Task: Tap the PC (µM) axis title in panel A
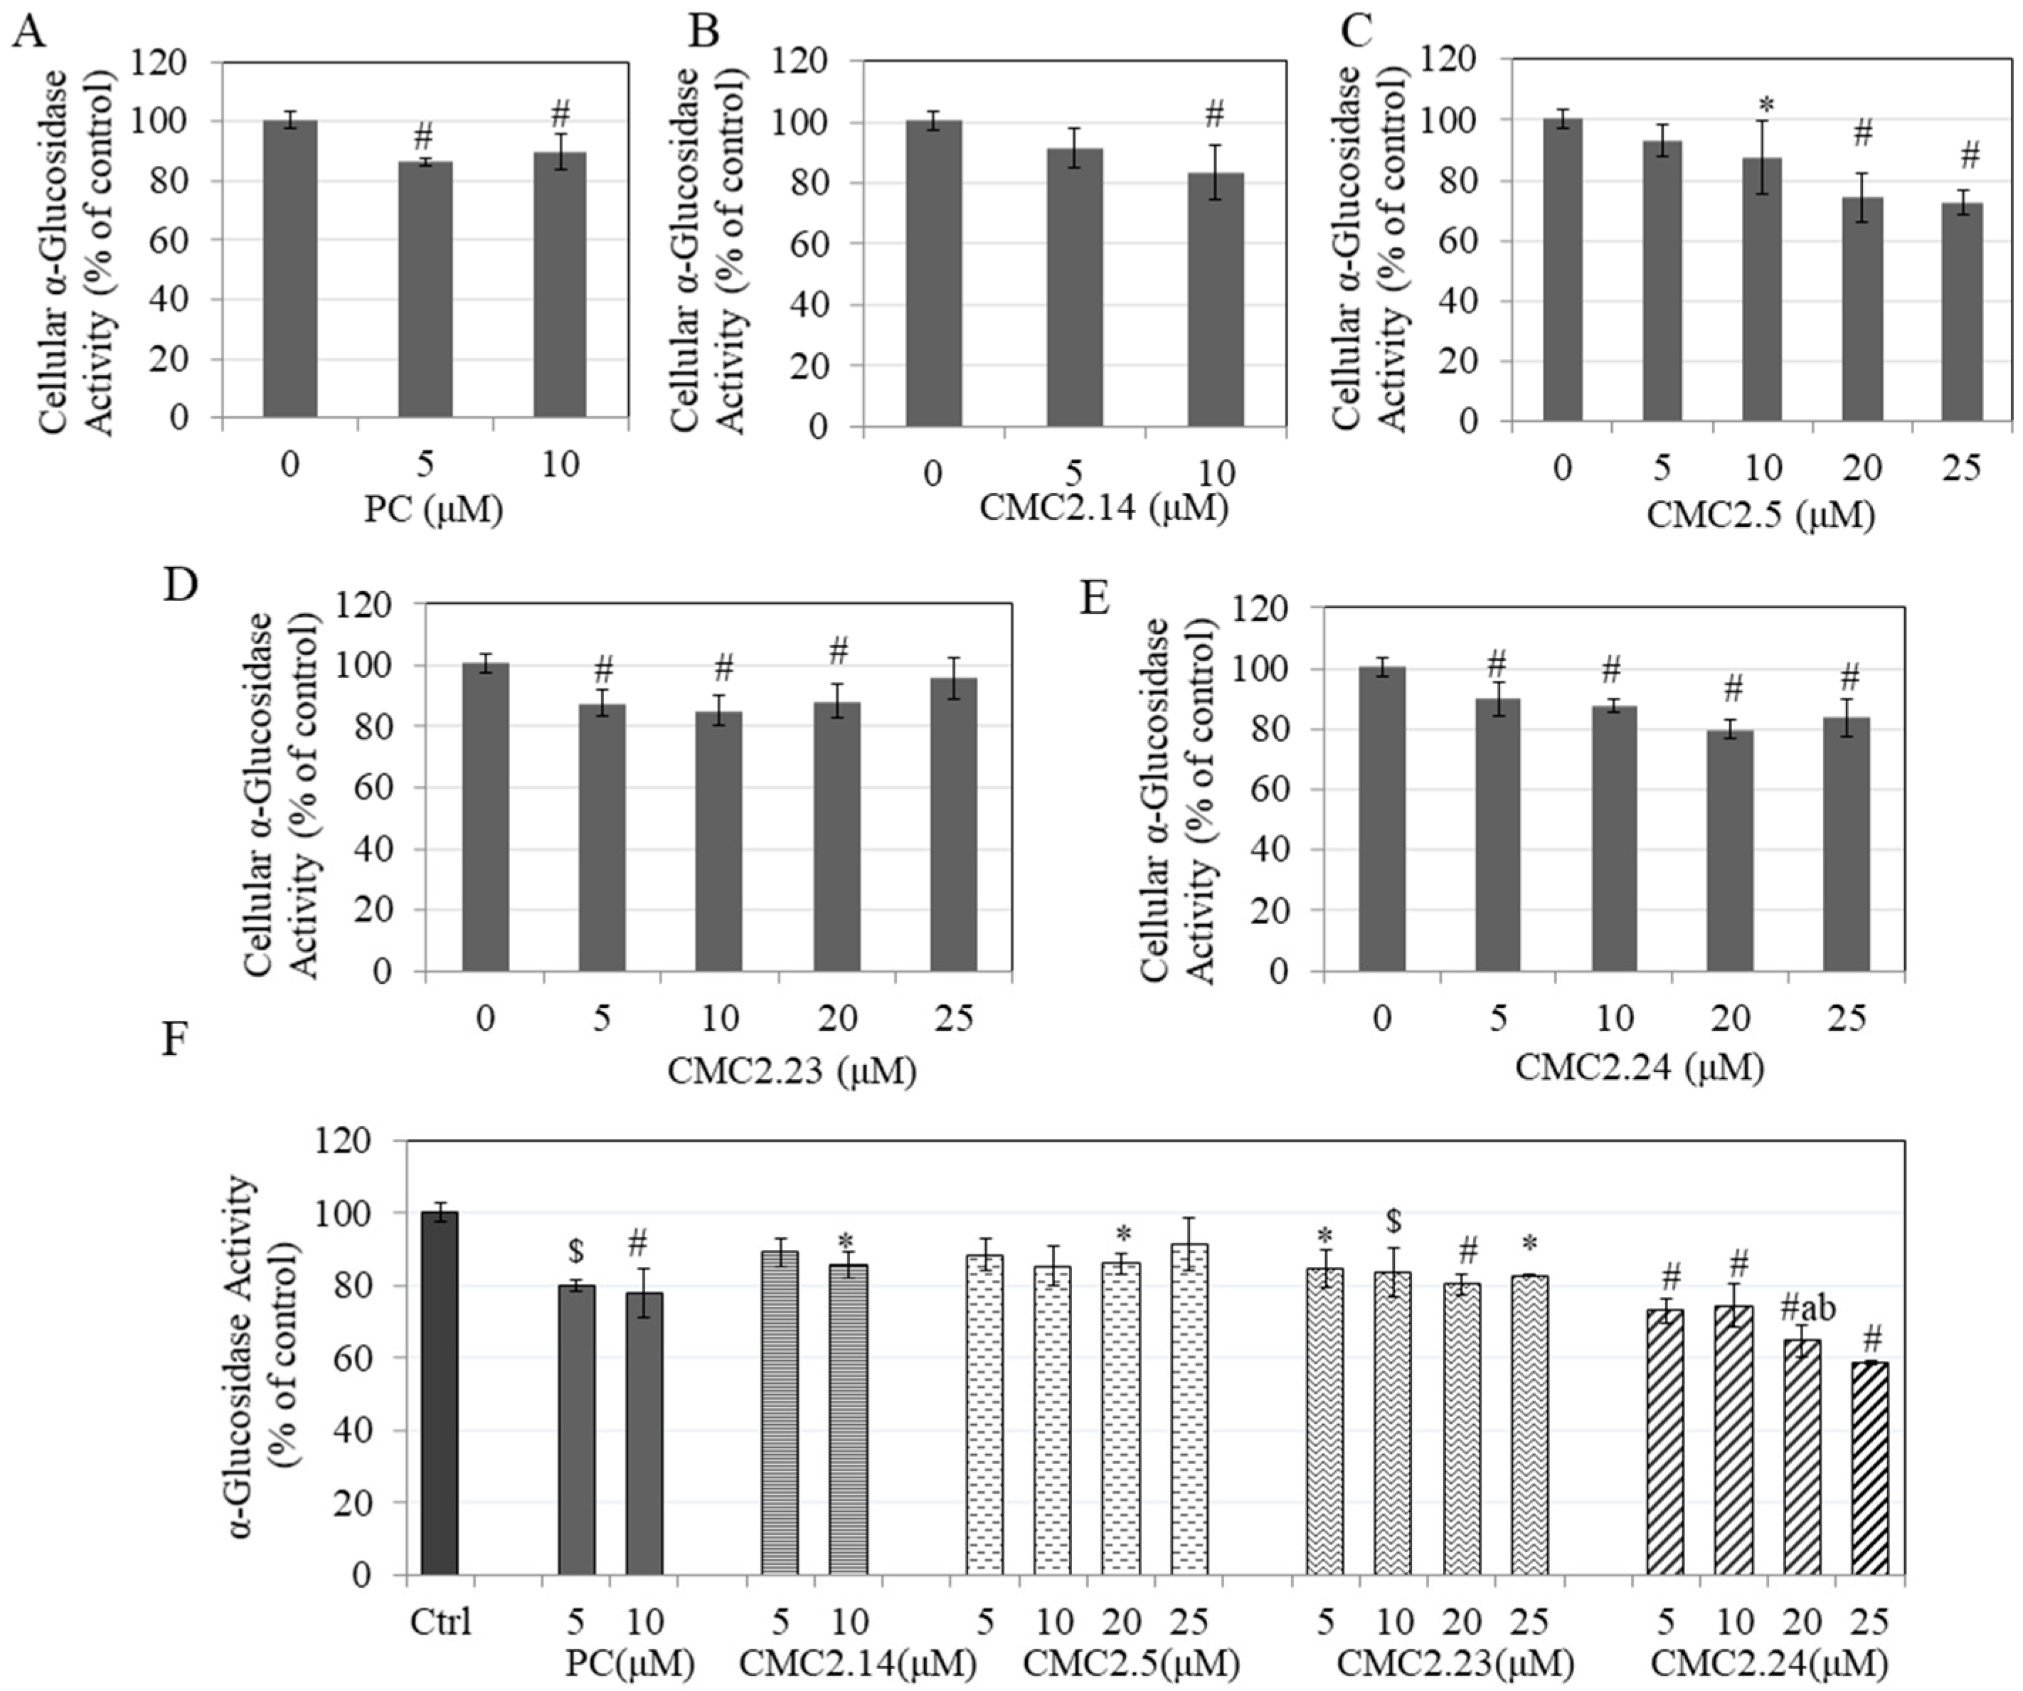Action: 433,509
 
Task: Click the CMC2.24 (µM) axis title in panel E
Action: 1639,1068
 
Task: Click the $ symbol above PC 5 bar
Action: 576,1251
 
